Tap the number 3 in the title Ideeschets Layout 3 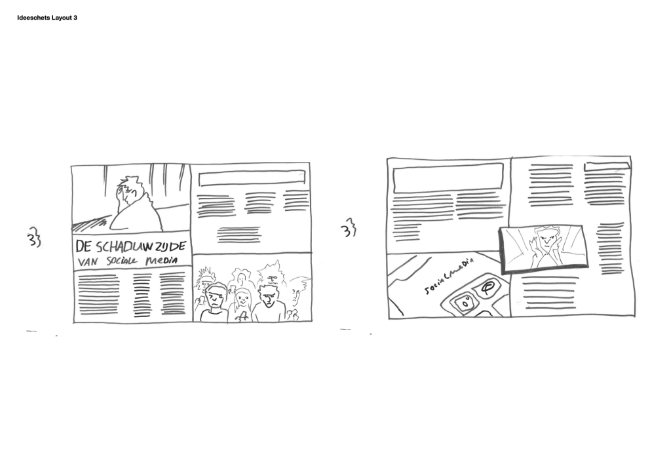pos(75,18)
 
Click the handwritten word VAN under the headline pos(88,261)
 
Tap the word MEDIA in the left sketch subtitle pos(161,260)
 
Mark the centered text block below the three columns pos(239,235)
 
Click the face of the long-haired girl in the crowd pos(242,298)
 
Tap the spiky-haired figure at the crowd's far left pos(204,278)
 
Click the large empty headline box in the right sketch pos(448,178)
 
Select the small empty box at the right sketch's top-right pos(606,166)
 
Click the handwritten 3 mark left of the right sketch pos(349,228)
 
